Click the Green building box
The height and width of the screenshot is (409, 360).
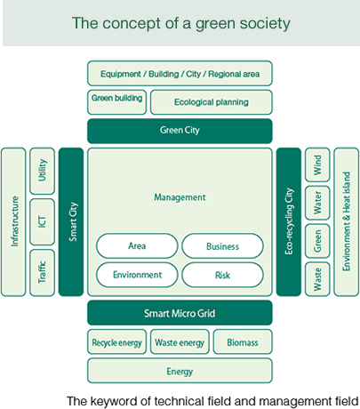pyautogui.click(x=117, y=102)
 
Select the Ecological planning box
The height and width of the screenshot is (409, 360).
pyautogui.click(x=212, y=102)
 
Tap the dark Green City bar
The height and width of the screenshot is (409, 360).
pyautogui.click(x=180, y=131)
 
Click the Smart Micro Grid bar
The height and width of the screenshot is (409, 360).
pyautogui.click(x=180, y=313)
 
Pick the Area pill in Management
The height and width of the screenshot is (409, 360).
pyautogui.click(x=137, y=246)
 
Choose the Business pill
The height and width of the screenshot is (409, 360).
pyautogui.click(x=222, y=246)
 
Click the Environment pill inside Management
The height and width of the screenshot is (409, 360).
pyautogui.click(x=137, y=275)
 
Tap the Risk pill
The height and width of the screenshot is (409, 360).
pyautogui.click(x=222, y=275)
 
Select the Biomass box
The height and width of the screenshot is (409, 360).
pyautogui.click(x=243, y=341)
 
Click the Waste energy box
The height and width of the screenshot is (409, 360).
pyautogui.click(x=180, y=341)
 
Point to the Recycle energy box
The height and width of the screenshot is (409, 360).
pyautogui.click(x=117, y=341)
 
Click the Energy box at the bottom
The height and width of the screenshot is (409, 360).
pyautogui.click(x=180, y=371)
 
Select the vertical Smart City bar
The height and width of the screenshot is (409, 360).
pyautogui.click(x=71, y=221)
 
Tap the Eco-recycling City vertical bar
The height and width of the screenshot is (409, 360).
pyautogui.click(x=289, y=221)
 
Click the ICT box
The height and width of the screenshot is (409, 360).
pyautogui.click(x=43, y=221)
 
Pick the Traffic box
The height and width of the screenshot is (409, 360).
pyautogui.click(x=43, y=273)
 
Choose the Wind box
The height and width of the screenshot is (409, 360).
pyautogui.click(x=317, y=164)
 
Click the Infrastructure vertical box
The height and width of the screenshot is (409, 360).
pyautogui.click(x=13, y=221)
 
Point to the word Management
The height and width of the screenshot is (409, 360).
pyautogui.click(x=180, y=197)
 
